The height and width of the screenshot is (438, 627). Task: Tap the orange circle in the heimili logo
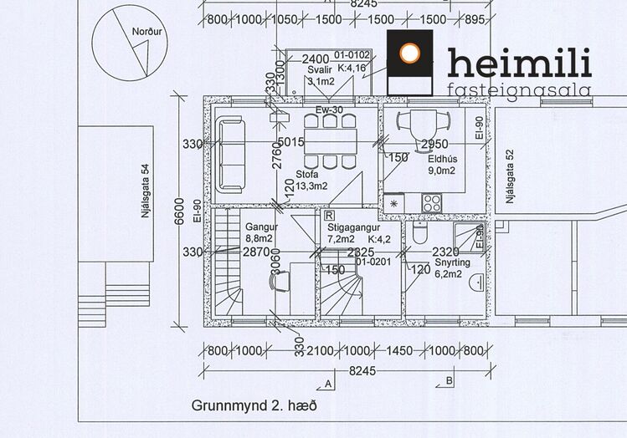pos(410,53)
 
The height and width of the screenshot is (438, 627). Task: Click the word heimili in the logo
pos(519,64)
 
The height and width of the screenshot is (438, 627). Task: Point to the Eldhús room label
pos(440,158)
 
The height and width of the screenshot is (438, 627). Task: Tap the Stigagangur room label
pos(353,227)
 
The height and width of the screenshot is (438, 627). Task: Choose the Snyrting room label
pos(452,262)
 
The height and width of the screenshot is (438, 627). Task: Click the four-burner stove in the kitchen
pos(433,202)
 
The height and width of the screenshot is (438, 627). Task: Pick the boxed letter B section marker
pos(450,381)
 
